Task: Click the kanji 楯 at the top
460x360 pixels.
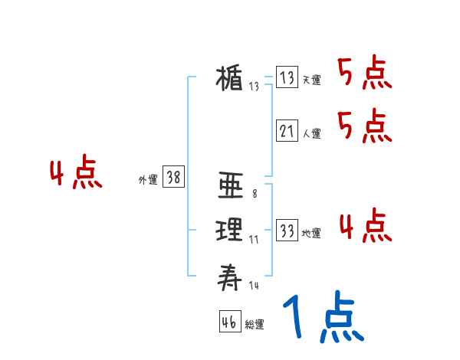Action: (231, 79)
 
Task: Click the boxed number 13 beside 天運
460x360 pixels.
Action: (287, 78)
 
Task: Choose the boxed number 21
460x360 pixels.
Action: (287, 131)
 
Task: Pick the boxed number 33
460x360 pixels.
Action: (287, 231)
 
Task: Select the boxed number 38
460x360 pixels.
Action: (174, 178)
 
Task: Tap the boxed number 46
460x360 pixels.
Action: (229, 322)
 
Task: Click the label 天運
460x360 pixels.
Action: (311, 80)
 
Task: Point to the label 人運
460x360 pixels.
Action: (311, 133)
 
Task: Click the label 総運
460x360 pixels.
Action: (255, 325)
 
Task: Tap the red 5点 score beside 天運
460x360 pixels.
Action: (364, 75)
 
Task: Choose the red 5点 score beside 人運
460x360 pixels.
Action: (364, 126)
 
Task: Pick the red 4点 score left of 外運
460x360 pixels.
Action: (76, 174)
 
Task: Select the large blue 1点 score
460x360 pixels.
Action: (322, 319)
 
